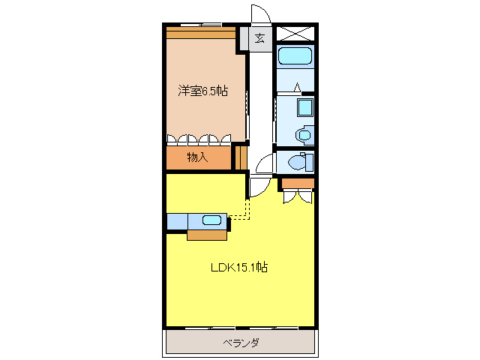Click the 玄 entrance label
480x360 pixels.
point(259,39)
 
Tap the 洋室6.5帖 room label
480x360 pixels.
point(203,91)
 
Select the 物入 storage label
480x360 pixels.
point(197,157)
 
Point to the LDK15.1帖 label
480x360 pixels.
point(239,267)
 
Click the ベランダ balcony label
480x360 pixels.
point(241,342)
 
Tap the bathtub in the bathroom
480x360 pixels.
point(295,55)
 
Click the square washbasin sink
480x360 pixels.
point(305,107)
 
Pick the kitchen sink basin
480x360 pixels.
point(211,220)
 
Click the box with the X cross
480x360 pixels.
point(295,33)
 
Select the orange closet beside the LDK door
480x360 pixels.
point(298,183)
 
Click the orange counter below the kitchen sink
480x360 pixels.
point(207,235)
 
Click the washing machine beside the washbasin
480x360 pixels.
point(305,135)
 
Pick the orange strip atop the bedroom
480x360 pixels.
point(201,33)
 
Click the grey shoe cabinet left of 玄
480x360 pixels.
point(244,39)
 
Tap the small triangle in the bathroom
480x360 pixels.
point(297,87)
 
